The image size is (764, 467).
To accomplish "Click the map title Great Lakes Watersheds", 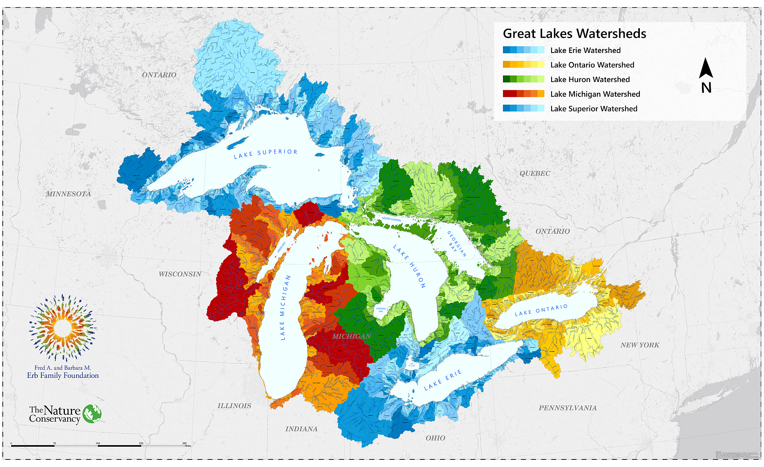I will click(574, 33).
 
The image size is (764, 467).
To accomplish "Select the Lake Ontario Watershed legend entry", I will click(592, 65).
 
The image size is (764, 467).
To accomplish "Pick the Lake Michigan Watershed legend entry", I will click(595, 94).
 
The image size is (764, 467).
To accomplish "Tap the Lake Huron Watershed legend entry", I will click(590, 79).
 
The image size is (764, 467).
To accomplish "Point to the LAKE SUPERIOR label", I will click(265, 154).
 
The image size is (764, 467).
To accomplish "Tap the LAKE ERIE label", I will click(442, 380).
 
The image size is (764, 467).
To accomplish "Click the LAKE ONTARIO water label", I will click(541, 310).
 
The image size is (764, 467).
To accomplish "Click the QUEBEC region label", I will click(535, 174).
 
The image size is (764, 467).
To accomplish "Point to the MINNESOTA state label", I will click(68, 194).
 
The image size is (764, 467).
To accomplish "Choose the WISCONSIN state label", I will click(180, 274).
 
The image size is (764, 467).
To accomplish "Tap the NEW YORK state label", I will click(639, 345).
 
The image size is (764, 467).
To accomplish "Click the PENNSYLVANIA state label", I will click(567, 408).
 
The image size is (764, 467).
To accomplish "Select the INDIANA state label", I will click(301, 429).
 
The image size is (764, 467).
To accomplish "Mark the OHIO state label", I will click(435, 438).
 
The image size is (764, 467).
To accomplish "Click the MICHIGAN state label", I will click(351, 336).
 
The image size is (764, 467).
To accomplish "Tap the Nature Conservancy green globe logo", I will click(92, 414).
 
